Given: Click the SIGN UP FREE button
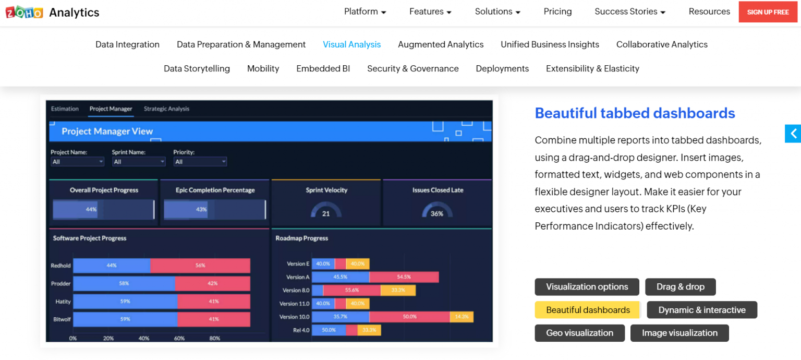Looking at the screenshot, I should [x=768, y=12].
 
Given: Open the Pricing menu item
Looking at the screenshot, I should [x=557, y=11].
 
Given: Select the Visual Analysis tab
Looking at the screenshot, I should [x=351, y=45].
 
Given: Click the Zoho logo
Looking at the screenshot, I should [x=24, y=13].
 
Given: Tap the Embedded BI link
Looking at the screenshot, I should [x=323, y=69].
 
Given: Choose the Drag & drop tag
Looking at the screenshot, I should [x=680, y=287].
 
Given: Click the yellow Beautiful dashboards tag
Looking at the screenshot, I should [x=588, y=310].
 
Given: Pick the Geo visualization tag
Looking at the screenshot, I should [x=579, y=333].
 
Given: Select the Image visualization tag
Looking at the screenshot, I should [x=679, y=333].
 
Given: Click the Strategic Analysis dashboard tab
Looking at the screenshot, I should [x=166, y=109].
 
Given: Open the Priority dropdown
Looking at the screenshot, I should [x=200, y=162].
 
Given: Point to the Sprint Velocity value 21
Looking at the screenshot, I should [x=326, y=213].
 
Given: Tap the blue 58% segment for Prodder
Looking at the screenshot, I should [x=124, y=283].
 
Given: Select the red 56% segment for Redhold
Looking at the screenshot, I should [x=200, y=266].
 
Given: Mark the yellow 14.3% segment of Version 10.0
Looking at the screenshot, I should [x=462, y=317].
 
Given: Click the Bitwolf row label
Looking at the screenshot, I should [x=62, y=319].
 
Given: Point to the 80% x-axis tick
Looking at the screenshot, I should [x=214, y=339].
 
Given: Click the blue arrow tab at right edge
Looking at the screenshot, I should [x=793, y=134].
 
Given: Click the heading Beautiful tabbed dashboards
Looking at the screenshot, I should [x=635, y=113].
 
